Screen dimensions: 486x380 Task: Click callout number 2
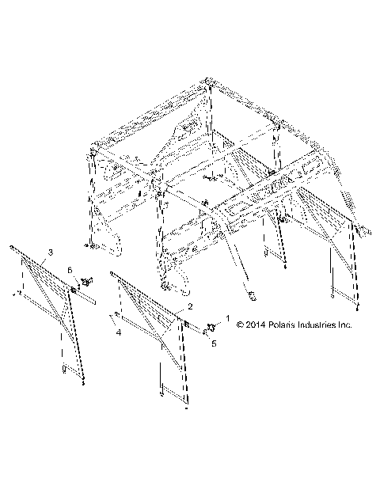coord(190,306)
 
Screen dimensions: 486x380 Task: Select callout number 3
coord(51,252)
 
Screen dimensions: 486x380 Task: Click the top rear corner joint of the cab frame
coord(208,82)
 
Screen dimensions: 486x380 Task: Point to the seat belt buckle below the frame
coord(253,296)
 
